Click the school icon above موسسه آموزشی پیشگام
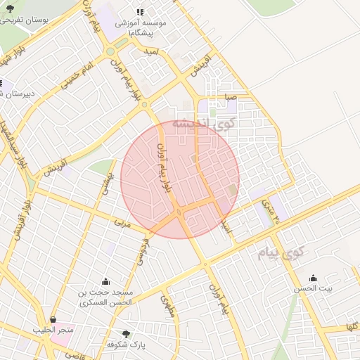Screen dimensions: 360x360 (139, 12)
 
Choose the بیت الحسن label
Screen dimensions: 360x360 (314, 288)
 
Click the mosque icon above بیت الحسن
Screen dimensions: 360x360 (313, 277)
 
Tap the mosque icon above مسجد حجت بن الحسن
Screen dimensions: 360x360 (106, 281)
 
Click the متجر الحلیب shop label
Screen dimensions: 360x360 (53, 330)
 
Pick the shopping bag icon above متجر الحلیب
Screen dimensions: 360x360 (53, 319)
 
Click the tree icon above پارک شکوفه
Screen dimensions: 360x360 (126, 334)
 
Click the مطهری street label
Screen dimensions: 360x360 (169, 305)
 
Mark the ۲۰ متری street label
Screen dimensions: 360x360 (270, 210)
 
